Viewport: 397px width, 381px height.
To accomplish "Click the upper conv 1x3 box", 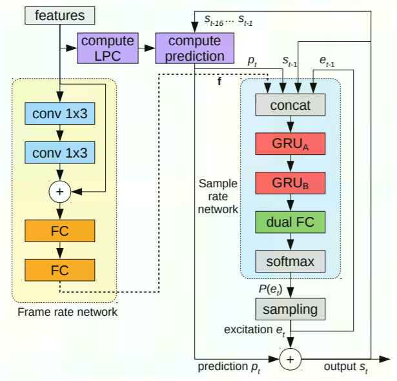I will click(59, 114).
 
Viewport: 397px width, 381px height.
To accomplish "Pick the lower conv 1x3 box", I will click(59, 153).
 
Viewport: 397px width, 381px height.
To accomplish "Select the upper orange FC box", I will click(59, 231).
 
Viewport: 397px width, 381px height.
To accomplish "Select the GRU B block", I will click(290, 183).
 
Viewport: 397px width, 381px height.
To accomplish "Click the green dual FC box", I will click(290, 222).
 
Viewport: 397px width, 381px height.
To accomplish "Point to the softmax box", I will click(290, 262).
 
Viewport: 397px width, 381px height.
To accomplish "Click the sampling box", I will click(290, 309).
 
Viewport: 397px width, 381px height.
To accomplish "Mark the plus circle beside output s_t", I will click(290, 358).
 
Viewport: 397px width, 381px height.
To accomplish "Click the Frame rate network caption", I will click(68, 312).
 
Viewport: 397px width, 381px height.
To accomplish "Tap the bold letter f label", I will click(219, 82).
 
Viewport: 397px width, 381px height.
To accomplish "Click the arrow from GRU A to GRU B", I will click(290, 164).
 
